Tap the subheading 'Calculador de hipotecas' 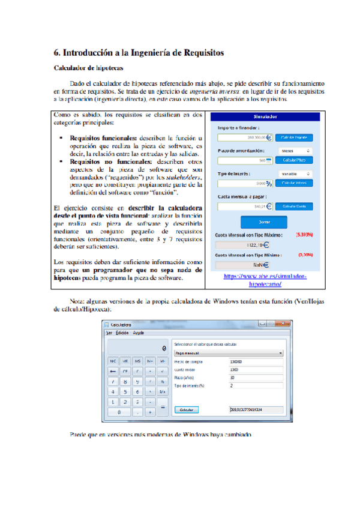point(86,68)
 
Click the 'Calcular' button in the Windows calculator point(187,410)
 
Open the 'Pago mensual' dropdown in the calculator point(229,354)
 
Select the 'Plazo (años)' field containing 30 point(255,378)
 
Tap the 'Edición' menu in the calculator point(123,333)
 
